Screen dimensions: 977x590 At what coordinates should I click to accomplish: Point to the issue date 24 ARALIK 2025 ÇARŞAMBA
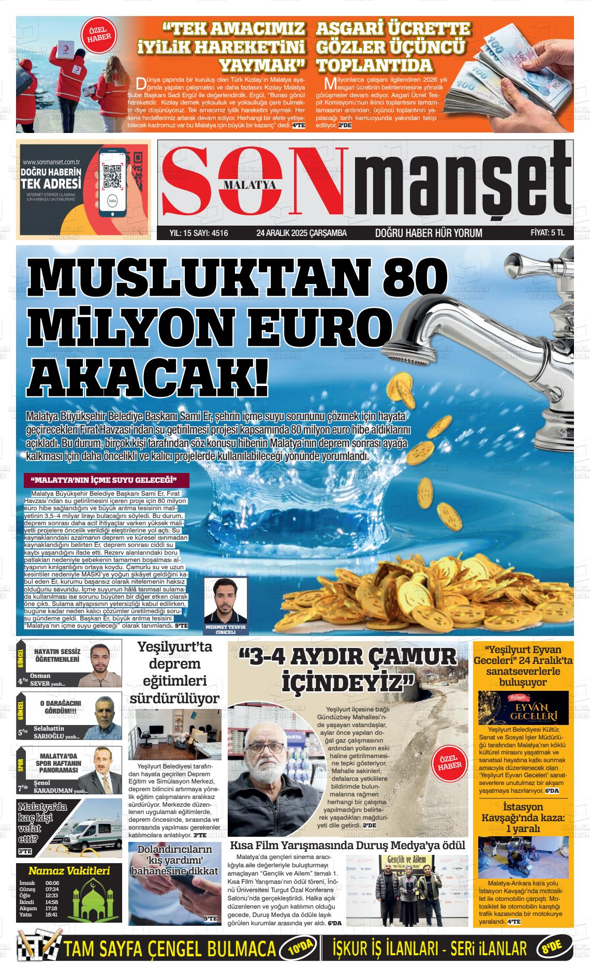(x=302, y=233)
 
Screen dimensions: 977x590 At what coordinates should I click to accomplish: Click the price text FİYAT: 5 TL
(x=548, y=233)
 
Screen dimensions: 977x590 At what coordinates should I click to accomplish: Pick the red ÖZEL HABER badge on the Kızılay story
(x=96, y=35)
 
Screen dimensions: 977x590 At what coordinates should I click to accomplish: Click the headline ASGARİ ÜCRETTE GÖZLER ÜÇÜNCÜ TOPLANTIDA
(x=393, y=47)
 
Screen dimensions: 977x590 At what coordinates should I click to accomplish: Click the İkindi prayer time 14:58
(x=51, y=902)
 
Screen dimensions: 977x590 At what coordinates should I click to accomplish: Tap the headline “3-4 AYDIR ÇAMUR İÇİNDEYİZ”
(x=347, y=670)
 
